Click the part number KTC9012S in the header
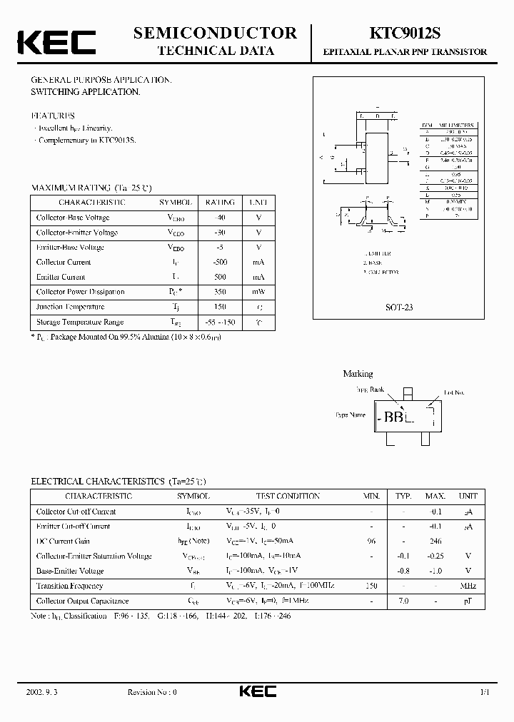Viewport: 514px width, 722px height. click(405, 34)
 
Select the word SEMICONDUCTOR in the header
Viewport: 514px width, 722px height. click(215, 33)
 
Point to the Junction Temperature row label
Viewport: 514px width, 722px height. click(70, 307)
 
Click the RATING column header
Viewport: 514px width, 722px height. click(219, 203)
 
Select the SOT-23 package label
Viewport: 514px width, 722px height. click(400, 307)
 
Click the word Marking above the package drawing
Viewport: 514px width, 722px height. click(358, 374)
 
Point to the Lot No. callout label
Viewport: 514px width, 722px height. click(454, 392)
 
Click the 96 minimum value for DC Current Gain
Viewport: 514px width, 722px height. click(371, 541)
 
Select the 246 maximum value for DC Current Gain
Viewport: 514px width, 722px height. click(435, 541)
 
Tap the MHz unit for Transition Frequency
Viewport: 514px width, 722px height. click(468, 586)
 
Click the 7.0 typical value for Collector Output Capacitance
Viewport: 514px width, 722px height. click(404, 601)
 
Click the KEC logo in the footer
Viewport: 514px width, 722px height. click(257, 692)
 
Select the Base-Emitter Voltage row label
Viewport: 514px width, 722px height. click(70, 571)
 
